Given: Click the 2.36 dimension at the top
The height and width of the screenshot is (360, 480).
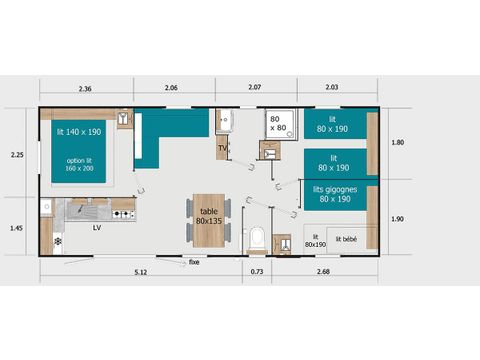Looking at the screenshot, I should click(86, 88).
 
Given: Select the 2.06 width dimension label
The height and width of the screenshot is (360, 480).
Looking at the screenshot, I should click(171, 88).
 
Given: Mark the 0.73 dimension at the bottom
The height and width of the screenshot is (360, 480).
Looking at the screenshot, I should click(256, 272).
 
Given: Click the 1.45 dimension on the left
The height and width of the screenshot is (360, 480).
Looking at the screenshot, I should click(18, 227).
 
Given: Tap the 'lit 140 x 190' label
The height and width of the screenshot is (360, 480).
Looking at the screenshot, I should click(79, 131).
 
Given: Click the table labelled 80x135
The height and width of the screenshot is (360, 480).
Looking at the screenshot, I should click(208, 217).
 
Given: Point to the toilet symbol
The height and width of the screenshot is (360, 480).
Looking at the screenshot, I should click(256, 238).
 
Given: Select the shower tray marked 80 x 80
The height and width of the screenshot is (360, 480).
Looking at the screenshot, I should click(278, 124).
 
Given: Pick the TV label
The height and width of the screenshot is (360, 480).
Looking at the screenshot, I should click(222, 150).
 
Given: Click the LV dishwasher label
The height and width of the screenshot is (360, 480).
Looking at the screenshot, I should click(97, 228).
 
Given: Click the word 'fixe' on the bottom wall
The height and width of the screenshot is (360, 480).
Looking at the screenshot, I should click(193, 262).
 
